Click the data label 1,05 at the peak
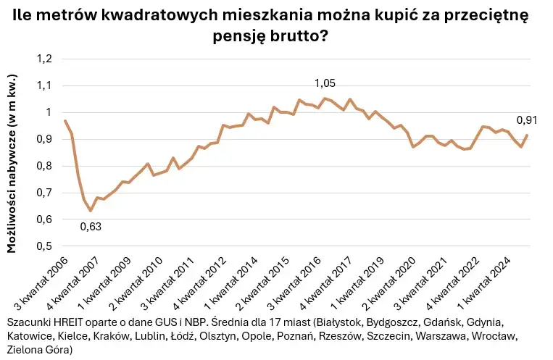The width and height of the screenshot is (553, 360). click(x=325, y=84)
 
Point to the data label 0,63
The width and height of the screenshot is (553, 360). click(x=91, y=226)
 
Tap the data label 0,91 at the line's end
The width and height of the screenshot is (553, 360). click(x=527, y=120)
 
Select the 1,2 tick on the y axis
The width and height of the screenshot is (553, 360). click(x=45, y=59)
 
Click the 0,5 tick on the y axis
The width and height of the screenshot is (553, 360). click(x=45, y=246)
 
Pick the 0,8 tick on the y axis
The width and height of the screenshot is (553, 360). click(x=45, y=166)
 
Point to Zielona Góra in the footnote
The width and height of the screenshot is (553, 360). click(x=37, y=351)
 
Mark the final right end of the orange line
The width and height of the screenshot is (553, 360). click(x=527, y=135)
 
